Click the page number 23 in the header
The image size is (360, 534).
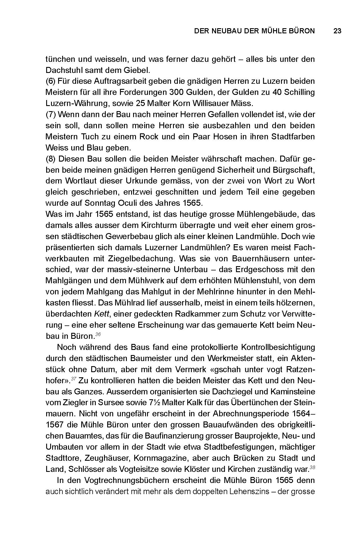337,31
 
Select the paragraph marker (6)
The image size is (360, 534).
51,81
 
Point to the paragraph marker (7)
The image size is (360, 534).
51,115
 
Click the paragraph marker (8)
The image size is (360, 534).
51,159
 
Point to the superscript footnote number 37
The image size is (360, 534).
74,379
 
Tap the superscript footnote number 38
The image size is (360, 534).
312,467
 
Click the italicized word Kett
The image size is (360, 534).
101,314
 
